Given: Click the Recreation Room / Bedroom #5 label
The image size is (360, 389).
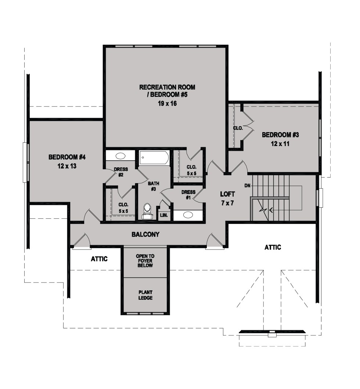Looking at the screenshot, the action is click(167, 91).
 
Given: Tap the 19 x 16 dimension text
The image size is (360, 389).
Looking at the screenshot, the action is click(168, 103).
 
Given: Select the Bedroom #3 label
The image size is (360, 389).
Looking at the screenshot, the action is click(280, 135).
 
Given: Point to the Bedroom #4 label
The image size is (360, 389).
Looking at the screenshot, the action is click(67, 157).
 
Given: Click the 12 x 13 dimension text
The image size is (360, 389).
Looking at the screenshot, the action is click(67, 166).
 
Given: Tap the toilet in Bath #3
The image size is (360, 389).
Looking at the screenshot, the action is click(147, 211).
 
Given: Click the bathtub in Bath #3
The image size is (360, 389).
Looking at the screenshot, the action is click(154, 157).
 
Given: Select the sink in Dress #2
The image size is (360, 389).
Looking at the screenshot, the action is click(120, 156).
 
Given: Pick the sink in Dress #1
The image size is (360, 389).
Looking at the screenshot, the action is click(188, 215).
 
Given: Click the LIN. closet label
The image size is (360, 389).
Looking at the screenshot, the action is click(164, 215).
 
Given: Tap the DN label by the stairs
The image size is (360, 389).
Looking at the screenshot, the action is click(248, 185).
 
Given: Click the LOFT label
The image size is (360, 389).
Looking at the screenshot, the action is click(227, 194).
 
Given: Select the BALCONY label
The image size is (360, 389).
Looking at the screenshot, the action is click(145, 235).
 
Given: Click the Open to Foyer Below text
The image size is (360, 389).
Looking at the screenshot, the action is click(145, 261).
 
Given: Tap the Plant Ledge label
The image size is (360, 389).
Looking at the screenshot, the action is click(145, 295).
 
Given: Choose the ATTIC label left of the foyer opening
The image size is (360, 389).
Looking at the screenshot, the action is click(99, 259).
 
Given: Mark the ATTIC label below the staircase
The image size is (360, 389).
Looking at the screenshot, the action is click(273, 247).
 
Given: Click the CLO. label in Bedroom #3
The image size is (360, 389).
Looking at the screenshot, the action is click(238, 128).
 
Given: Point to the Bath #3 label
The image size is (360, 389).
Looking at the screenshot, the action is click(154, 186).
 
